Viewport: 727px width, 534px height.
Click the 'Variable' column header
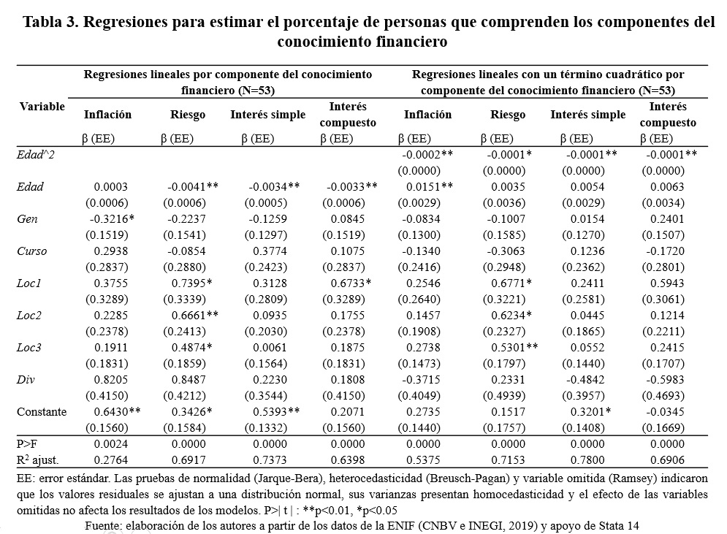point(42,107)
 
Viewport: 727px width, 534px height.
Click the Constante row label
point(42,412)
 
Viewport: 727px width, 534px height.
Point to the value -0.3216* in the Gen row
point(112,219)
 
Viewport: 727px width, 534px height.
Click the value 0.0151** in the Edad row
point(430,187)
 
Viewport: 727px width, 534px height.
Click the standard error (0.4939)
point(508,396)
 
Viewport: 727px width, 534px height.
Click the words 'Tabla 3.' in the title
point(52,22)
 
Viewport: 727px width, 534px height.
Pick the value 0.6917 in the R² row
point(188,460)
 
